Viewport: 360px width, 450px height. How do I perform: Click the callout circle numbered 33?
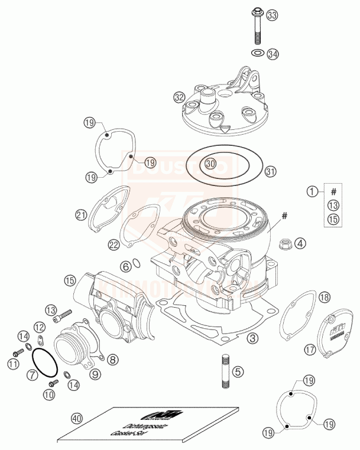click(x=273, y=15)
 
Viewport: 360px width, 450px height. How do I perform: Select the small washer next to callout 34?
click(x=257, y=54)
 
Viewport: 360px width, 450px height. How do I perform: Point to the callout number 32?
click(x=179, y=96)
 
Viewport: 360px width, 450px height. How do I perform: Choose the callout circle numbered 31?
click(x=270, y=172)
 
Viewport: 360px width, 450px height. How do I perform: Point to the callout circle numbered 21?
click(x=82, y=214)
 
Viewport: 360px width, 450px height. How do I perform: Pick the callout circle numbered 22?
click(x=114, y=244)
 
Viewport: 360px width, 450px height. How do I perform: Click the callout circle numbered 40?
click(x=75, y=418)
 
